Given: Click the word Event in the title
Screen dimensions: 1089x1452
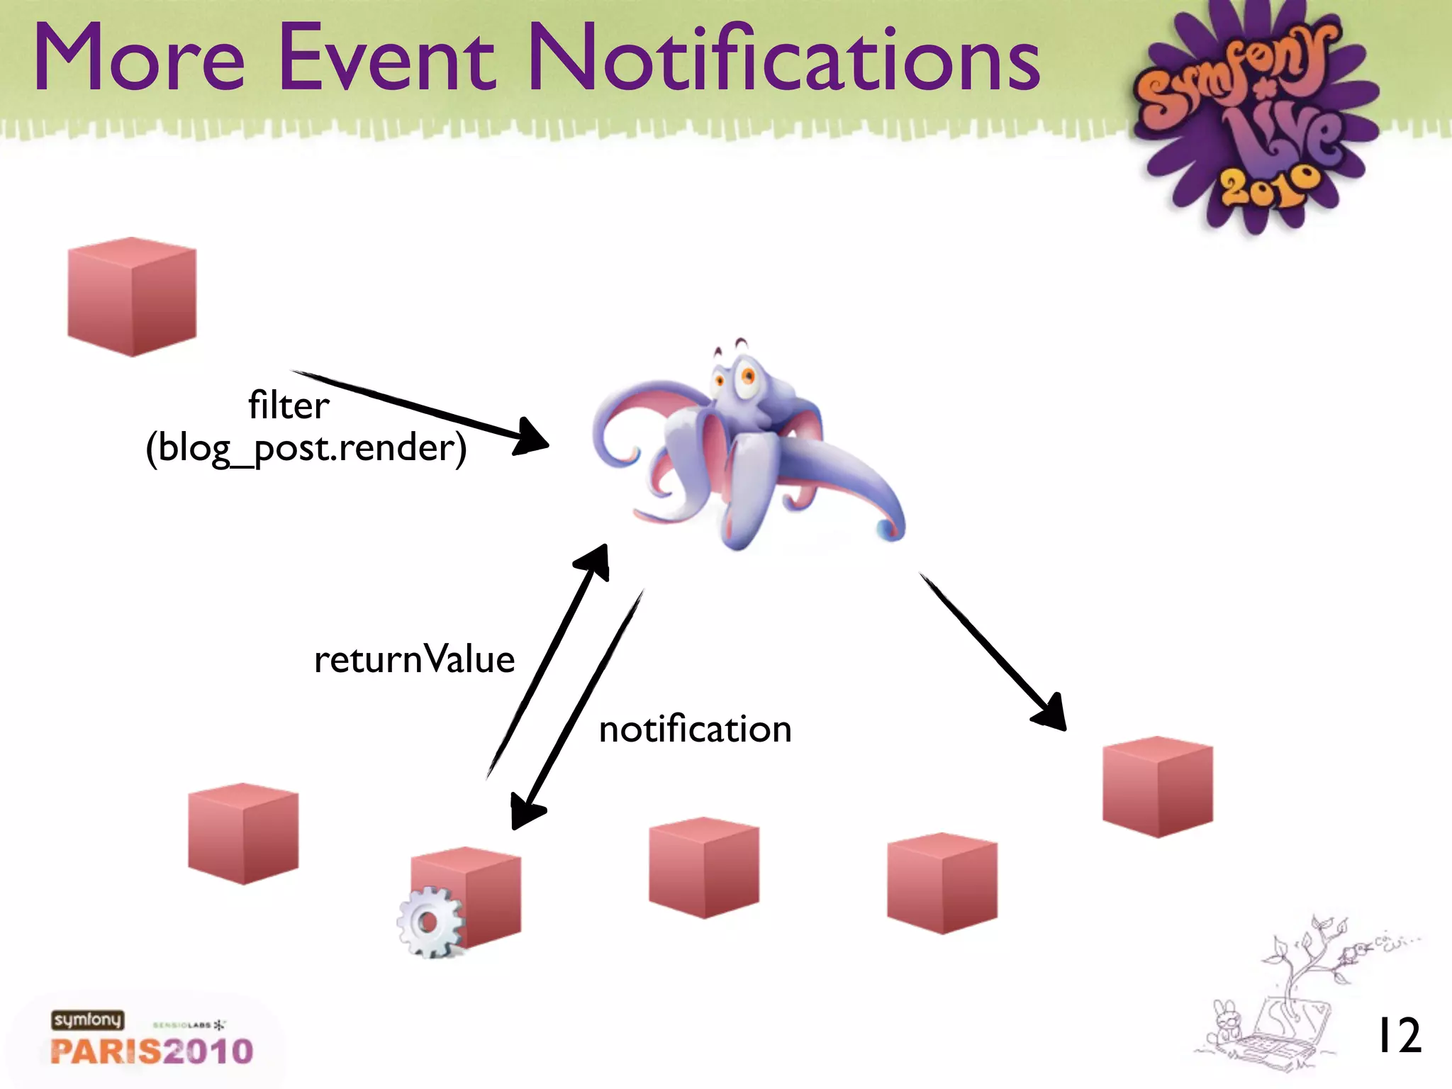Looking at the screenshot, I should [386, 58].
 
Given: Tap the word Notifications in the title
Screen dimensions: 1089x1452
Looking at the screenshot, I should [783, 58].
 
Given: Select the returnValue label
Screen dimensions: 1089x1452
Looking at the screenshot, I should [414, 659].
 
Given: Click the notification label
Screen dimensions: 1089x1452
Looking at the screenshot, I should [695, 730].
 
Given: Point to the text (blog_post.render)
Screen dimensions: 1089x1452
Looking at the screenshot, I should [306, 448].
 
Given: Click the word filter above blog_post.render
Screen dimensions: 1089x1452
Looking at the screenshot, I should [289, 406].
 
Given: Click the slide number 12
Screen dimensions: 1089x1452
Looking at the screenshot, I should [1397, 1036].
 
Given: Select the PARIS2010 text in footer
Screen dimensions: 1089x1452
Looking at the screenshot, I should [152, 1051].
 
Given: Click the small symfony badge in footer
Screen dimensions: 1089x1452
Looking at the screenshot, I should [87, 1020].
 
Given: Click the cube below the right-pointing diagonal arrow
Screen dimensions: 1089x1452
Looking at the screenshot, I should [1157, 787].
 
